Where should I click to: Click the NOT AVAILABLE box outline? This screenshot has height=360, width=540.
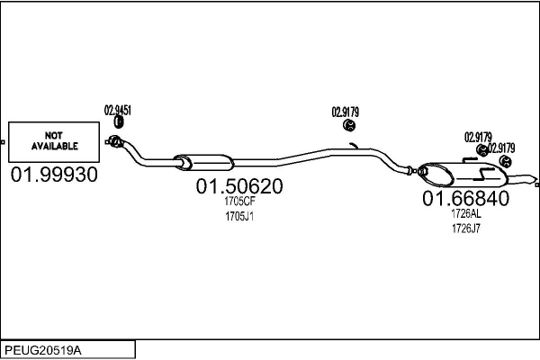54,122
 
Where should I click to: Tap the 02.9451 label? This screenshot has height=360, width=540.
118,110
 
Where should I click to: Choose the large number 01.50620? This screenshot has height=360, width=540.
239,187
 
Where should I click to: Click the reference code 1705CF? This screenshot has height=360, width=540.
239,202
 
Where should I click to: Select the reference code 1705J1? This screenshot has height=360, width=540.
239,216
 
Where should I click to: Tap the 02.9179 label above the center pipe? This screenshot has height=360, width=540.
346,112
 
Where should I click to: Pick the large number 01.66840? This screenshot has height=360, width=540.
465,198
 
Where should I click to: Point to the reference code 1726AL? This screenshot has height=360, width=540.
465,214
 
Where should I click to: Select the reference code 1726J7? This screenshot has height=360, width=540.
465,228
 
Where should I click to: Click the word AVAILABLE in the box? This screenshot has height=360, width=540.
55,144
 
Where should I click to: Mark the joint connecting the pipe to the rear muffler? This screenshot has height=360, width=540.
415,169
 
